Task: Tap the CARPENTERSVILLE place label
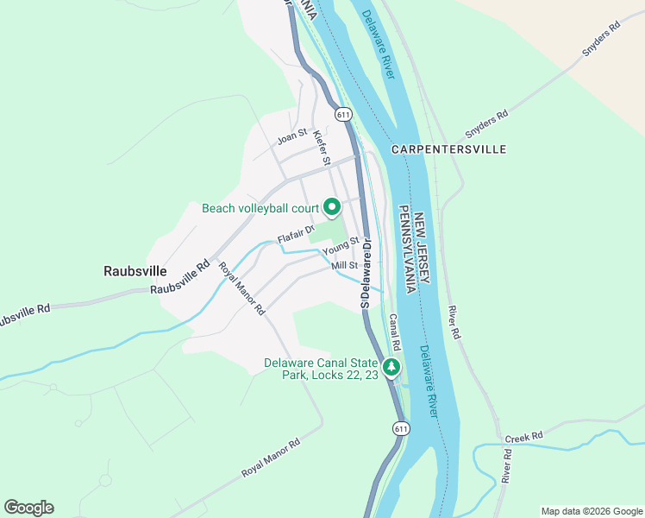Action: tap(448, 149)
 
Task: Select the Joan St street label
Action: tap(291, 135)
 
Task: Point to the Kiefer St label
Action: tap(322, 147)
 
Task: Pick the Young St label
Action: tap(340, 250)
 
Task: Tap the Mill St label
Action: tap(344, 266)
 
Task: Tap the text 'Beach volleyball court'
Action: tap(260, 208)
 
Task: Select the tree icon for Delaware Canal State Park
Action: tap(392, 367)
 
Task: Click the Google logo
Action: tap(28, 508)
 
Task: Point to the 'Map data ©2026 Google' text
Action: tap(592, 510)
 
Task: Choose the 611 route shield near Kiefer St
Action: tap(343, 114)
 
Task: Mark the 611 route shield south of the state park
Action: tap(399, 428)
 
